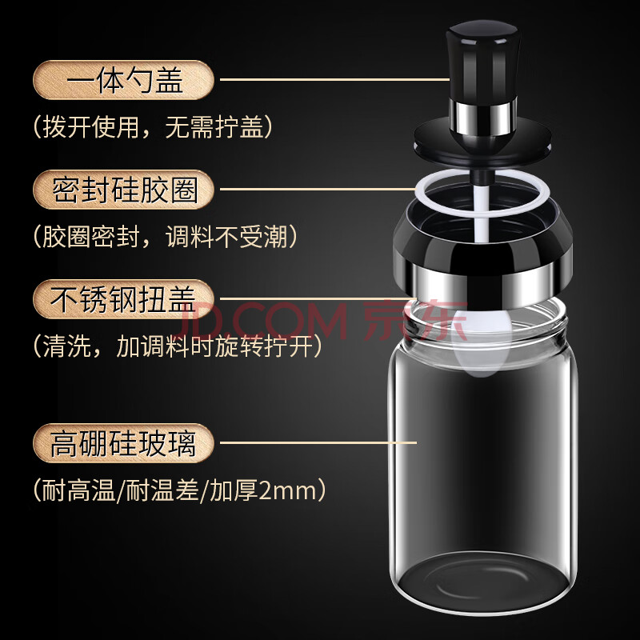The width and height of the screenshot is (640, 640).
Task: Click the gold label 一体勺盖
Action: (x=123, y=80)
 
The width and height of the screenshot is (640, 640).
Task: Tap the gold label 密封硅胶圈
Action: (x=123, y=190)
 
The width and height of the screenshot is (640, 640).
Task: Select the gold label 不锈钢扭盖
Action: (x=123, y=299)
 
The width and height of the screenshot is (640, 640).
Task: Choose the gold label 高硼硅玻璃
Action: (x=123, y=443)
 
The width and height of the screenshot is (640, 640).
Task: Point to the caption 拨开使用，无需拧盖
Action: (x=153, y=127)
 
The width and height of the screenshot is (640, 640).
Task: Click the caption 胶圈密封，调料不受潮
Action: (x=166, y=236)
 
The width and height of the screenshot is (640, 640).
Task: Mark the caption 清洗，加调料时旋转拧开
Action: (x=178, y=346)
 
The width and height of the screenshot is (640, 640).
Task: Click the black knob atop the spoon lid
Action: (x=482, y=62)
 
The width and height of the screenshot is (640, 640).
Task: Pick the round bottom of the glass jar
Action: (x=482, y=584)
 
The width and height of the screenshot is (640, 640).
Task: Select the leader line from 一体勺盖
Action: (x=334, y=79)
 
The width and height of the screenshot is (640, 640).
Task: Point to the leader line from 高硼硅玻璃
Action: (x=318, y=442)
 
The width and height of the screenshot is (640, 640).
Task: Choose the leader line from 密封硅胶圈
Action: (x=318, y=189)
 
